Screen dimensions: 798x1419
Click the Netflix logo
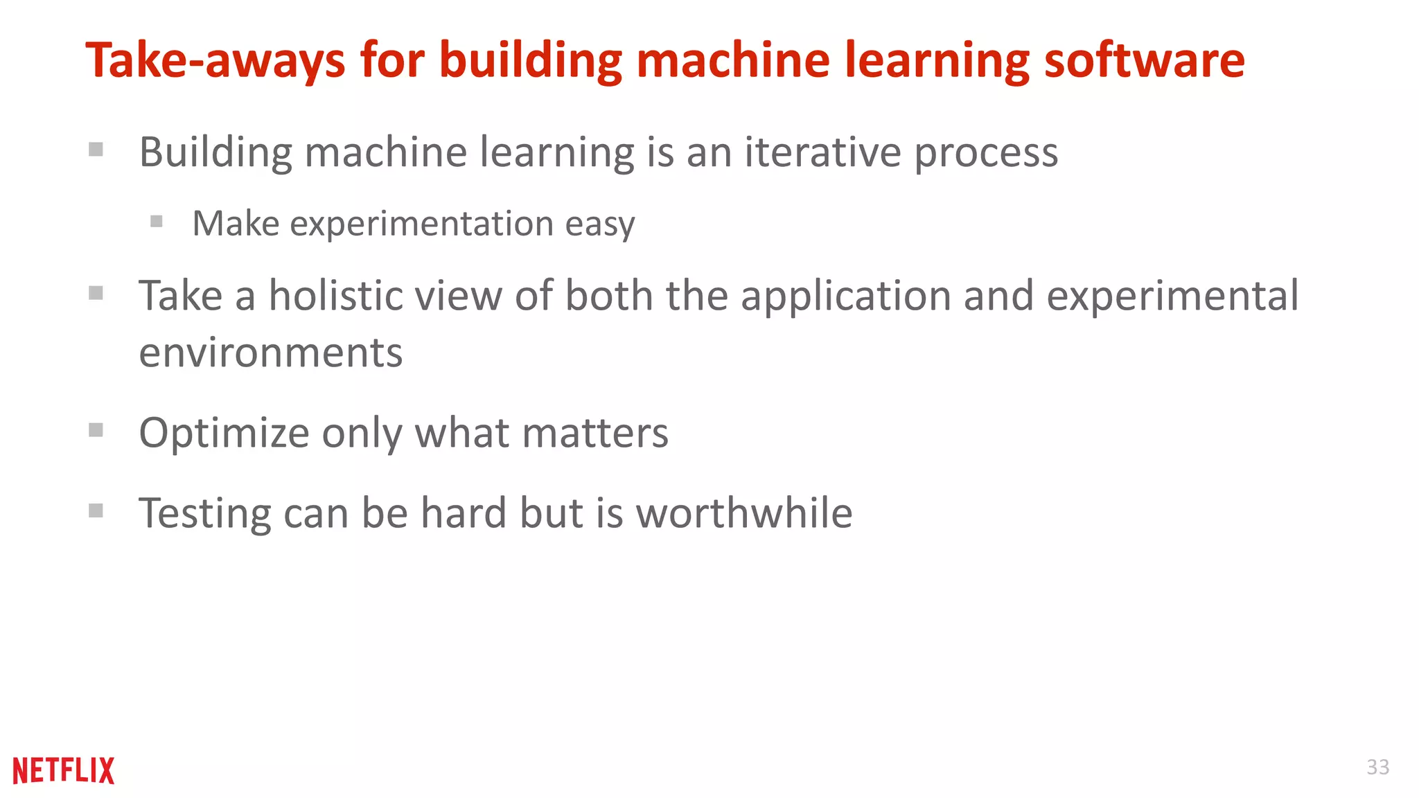[x=64, y=770]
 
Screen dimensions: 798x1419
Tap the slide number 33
[x=1377, y=767]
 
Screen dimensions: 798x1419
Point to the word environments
[x=270, y=353]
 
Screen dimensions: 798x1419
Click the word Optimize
[x=224, y=434]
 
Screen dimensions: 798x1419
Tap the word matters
[x=595, y=433]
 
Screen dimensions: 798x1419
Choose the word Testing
[x=205, y=515]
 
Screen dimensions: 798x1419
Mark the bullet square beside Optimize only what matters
[x=96, y=431]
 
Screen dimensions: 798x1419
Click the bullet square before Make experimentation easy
[x=157, y=222]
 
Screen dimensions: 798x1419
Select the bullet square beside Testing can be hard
[x=96, y=511]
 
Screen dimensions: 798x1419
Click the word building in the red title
[x=531, y=61]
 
